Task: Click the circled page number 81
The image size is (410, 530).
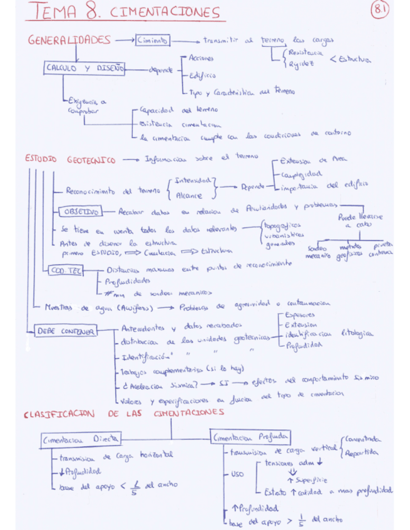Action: click(x=380, y=10)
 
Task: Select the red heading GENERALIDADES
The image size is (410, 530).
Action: click(x=69, y=40)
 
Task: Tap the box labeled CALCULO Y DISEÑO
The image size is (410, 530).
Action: click(x=85, y=69)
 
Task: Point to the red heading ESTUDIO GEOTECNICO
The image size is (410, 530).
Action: click(x=70, y=159)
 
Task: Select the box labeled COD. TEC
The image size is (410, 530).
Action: click(x=65, y=270)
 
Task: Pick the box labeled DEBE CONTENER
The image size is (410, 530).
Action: click(x=65, y=332)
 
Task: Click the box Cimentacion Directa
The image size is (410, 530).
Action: click(x=81, y=439)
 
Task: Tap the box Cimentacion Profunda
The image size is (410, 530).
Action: click(x=251, y=437)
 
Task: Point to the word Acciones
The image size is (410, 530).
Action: click(x=202, y=58)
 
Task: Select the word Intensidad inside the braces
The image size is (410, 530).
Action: click(x=193, y=181)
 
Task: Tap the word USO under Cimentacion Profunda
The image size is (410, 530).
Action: click(x=237, y=474)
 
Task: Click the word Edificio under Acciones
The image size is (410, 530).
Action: click(x=202, y=75)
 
